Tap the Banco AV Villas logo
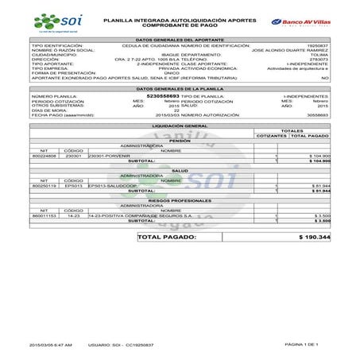click(300, 21)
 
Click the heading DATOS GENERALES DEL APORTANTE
click(179, 39)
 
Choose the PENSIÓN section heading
click(179, 141)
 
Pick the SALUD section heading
click(179, 170)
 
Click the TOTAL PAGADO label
click(167, 237)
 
